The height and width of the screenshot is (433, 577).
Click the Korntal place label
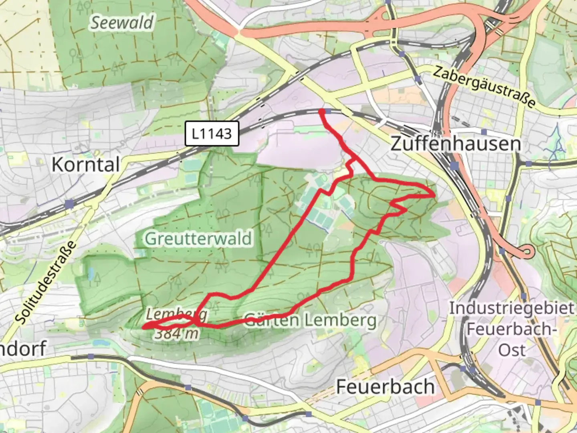point(86,164)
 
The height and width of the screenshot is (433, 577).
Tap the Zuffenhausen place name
point(456,144)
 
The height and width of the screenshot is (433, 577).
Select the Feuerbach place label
point(385,386)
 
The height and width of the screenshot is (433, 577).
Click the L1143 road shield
point(212,133)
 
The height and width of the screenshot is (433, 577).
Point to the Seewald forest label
point(121,22)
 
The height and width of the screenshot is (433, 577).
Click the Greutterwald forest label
point(198,239)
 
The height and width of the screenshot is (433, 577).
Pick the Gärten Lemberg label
point(311,320)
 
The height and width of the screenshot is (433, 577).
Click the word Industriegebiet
point(511,308)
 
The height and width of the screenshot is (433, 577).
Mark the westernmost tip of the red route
point(144,327)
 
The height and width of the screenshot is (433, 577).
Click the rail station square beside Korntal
point(70,204)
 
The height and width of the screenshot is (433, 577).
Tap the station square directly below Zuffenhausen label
point(454,166)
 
